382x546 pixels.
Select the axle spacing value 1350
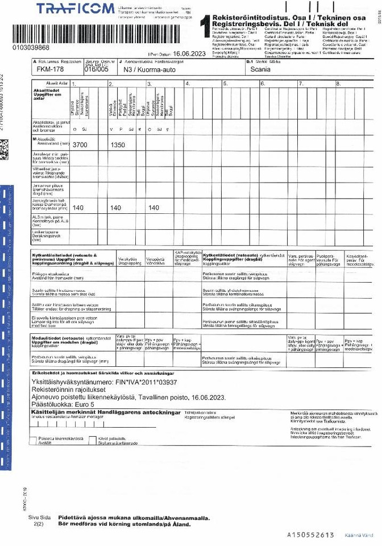pos(118,146)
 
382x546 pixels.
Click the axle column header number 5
pos(225,84)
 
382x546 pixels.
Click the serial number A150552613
pos(310,535)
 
